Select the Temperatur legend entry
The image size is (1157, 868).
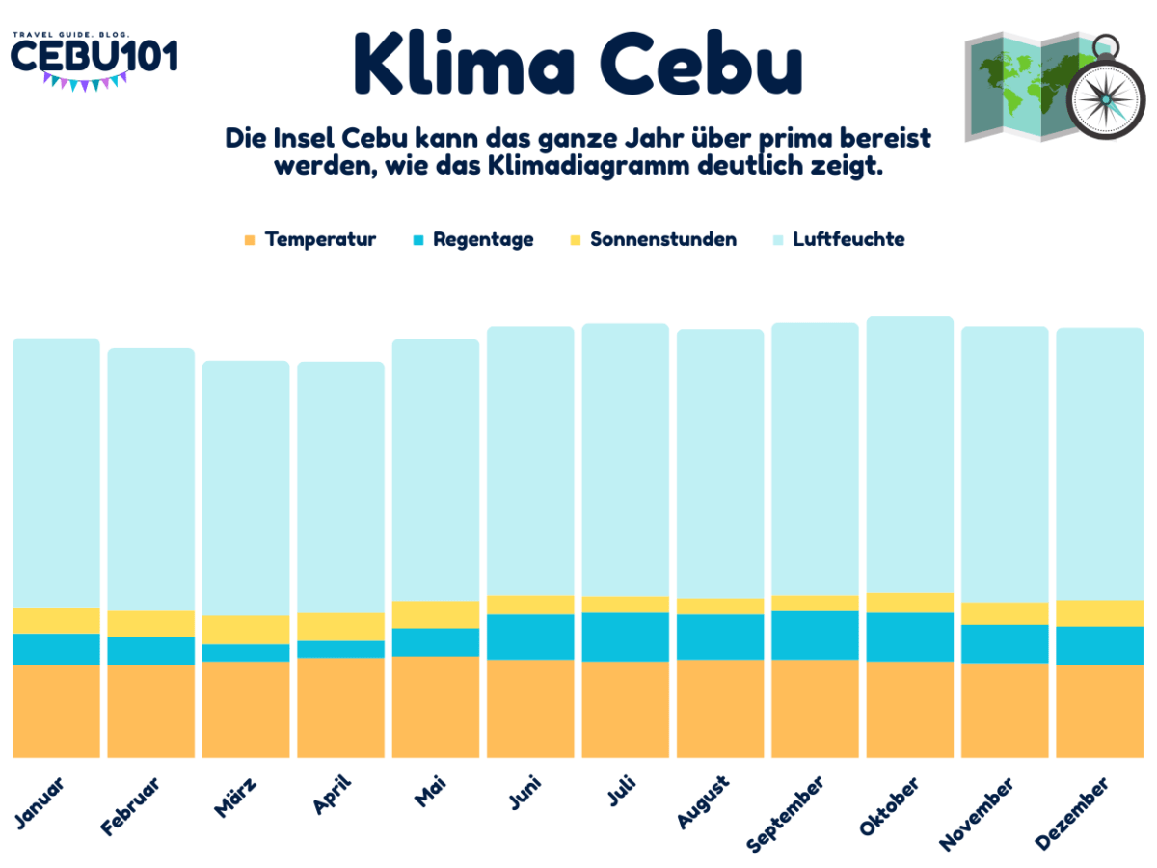(x=309, y=239)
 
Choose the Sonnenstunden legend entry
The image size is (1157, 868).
(x=653, y=239)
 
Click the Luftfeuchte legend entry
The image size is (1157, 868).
(x=838, y=239)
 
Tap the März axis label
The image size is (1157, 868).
(x=234, y=797)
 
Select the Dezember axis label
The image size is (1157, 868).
(x=1072, y=815)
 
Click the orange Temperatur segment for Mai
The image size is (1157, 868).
(x=435, y=706)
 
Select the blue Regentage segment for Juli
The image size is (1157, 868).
(x=625, y=637)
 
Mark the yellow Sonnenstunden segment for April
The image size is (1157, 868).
(x=340, y=626)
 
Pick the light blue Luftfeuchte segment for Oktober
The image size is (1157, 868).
(x=909, y=453)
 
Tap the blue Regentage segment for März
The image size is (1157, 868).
(x=245, y=652)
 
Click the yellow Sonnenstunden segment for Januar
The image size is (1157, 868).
(x=56, y=620)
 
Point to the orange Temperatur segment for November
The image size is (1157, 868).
(x=1004, y=710)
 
